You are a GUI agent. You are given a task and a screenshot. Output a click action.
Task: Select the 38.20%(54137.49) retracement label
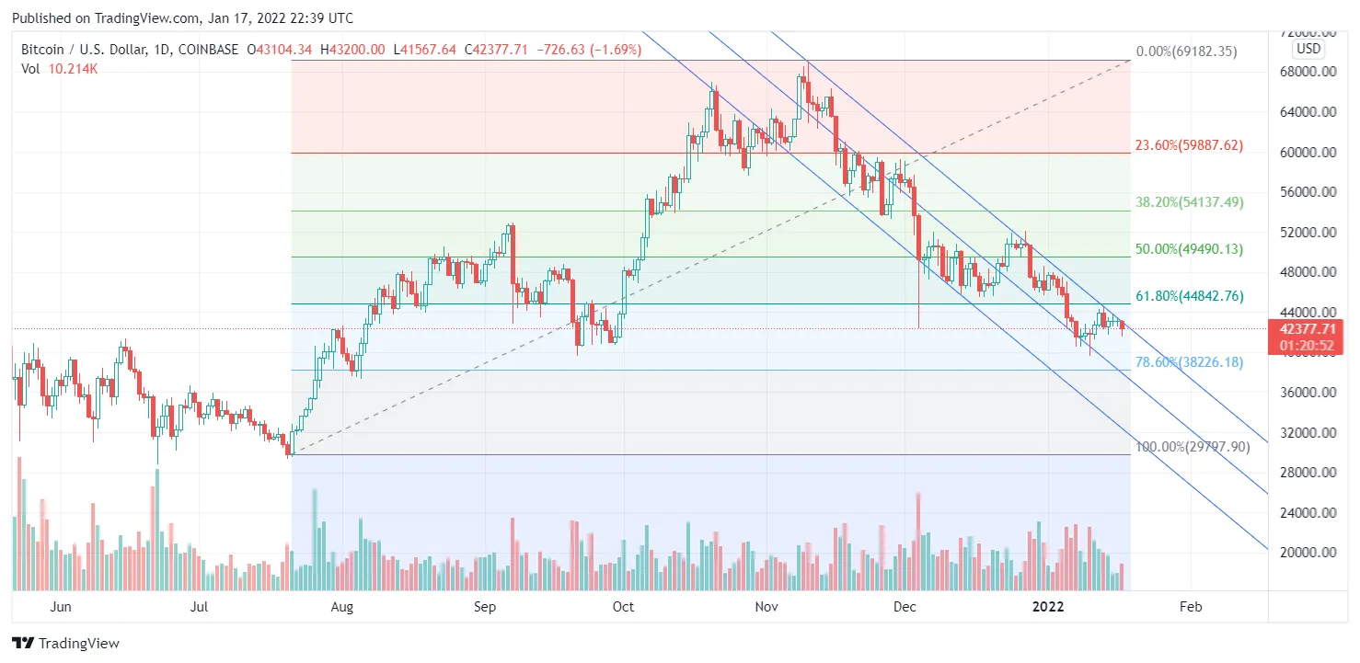click(x=1190, y=202)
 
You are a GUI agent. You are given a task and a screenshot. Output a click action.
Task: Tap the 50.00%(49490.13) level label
click(x=1190, y=249)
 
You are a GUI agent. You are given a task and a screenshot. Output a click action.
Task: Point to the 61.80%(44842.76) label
click(x=1190, y=296)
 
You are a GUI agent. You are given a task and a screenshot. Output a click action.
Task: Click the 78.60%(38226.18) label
click(x=1189, y=362)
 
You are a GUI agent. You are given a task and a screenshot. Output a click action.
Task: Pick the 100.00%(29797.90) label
click(x=1193, y=447)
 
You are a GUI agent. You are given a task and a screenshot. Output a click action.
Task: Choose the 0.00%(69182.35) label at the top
click(x=1187, y=51)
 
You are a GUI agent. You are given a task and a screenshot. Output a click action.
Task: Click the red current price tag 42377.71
click(x=1306, y=329)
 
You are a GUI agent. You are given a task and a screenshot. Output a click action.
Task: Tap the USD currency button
click(x=1308, y=48)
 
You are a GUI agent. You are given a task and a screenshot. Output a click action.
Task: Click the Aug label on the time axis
click(x=341, y=607)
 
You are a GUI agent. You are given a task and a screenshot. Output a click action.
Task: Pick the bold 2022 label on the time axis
click(x=1048, y=607)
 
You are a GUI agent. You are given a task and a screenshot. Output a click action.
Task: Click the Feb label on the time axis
click(x=1191, y=607)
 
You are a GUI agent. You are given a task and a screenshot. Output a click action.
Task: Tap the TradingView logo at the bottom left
click(x=65, y=644)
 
